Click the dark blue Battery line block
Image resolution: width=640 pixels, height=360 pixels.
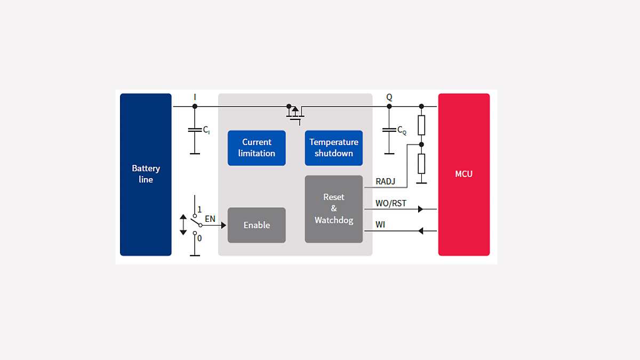pos(146,174)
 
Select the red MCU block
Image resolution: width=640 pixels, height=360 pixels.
pos(463,174)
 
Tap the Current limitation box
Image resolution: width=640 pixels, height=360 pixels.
pos(257,148)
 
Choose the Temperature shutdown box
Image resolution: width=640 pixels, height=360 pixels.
pos(334,148)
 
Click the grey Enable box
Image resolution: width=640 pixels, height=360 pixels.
pos(257,225)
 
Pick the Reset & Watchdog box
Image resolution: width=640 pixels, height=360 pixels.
pos(334,209)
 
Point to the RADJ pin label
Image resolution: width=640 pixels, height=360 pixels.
pos(386,182)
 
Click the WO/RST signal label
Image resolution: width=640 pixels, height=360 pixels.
pos(391,203)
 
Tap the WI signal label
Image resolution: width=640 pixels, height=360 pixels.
pos(380,225)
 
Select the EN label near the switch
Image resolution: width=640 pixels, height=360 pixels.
pos(210,219)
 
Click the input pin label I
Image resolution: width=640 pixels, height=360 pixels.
pos(195,97)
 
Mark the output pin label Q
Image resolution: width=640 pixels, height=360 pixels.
pos(389,97)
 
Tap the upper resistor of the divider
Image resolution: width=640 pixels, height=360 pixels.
pos(421,125)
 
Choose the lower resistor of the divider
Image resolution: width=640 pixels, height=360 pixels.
pos(421,163)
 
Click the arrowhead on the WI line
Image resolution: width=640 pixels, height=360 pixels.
pos(420,231)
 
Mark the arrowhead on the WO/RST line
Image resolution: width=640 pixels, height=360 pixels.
pos(420,209)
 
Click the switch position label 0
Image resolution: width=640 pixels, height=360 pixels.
pos(199,238)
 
